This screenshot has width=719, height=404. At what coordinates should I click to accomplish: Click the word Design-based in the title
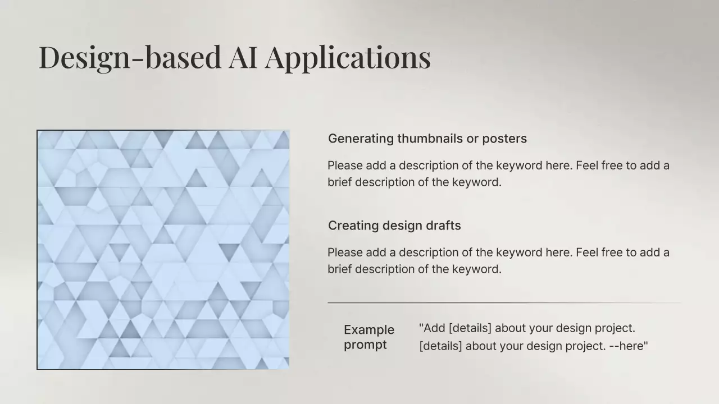click(x=130, y=58)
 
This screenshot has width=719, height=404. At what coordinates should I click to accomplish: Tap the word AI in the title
click(x=243, y=57)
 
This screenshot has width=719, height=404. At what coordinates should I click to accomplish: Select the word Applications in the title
click(x=348, y=58)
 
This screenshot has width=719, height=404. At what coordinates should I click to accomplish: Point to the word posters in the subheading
click(x=504, y=139)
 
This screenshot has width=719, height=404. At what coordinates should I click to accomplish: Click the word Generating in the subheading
click(x=361, y=139)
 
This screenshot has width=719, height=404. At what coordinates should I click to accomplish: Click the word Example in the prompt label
click(x=369, y=330)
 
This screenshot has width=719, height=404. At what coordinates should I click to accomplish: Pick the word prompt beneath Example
click(x=365, y=345)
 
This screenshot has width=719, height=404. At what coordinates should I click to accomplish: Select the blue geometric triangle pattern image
click(x=163, y=250)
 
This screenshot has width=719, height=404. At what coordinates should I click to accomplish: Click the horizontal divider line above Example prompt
click(x=504, y=302)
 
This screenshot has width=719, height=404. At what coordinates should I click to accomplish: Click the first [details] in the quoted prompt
click(x=470, y=328)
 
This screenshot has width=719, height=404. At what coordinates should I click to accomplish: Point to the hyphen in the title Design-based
click(x=138, y=60)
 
